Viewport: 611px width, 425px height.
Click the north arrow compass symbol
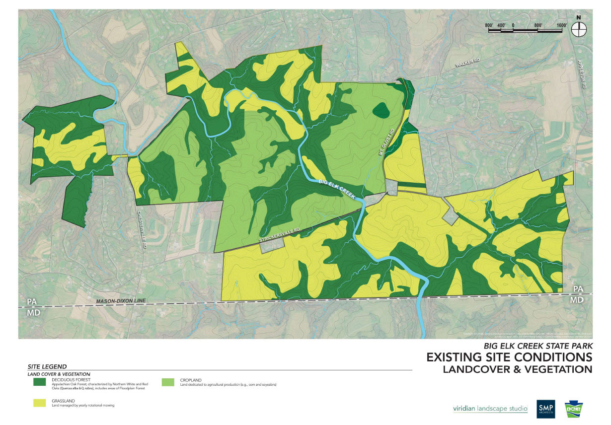click(578, 29)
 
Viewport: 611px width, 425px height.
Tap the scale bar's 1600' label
click(562, 24)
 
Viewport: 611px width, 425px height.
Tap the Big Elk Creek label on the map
click(337, 189)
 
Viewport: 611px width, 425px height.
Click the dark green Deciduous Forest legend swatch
click(42, 382)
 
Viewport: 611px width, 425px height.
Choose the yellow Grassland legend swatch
click(42, 403)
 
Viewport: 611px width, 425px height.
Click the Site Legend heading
click(47, 366)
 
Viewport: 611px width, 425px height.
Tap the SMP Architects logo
click(545, 409)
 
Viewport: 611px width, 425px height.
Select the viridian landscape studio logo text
click(490, 409)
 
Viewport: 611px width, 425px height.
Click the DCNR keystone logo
click(574, 409)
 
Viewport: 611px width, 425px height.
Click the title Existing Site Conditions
click(509, 357)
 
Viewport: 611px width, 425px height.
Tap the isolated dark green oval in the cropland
click(381, 110)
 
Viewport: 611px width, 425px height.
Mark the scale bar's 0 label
click(513, 24)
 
